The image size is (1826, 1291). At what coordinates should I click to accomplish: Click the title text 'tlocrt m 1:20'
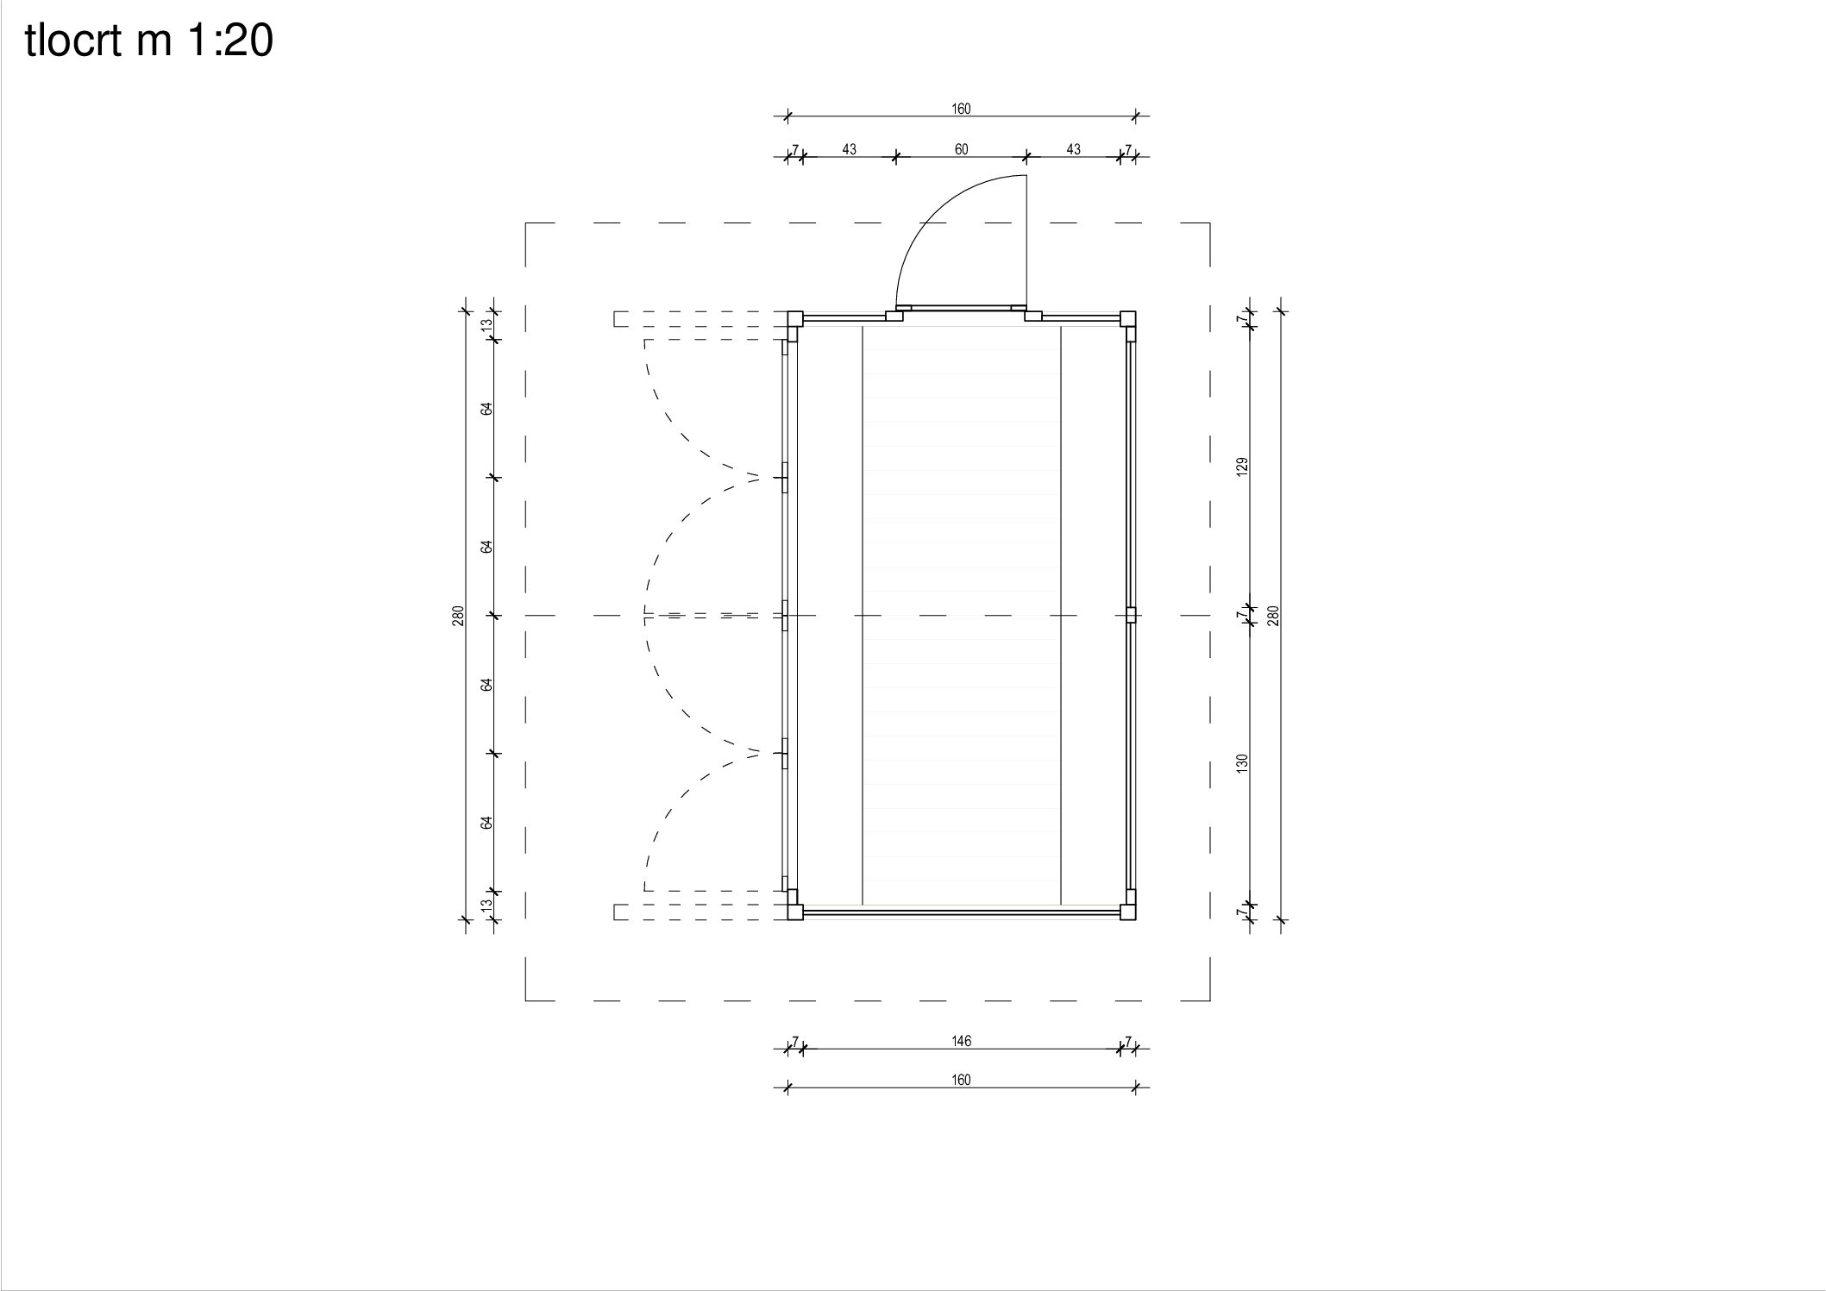[x=149, y=41]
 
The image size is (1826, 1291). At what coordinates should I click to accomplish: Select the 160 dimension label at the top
[x=961, y=109]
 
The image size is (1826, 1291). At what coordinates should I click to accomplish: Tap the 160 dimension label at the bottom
[x=961, y=1080]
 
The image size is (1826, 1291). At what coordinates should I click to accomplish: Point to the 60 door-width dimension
[x=961, y=149]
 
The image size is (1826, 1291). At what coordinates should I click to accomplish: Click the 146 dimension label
[x=961, y=1041]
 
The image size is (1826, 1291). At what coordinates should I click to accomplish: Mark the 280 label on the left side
[x=459, y=615]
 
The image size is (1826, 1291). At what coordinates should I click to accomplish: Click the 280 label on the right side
[x=1274, y=615]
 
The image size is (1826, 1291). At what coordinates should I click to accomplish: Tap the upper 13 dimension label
[x=486, y=325]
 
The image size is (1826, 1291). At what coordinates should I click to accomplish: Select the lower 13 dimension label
[x=486, y=905]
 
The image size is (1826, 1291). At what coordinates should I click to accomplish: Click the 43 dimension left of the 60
[x=849, y=149]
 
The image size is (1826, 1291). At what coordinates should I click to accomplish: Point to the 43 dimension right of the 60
[x=1073, y=149]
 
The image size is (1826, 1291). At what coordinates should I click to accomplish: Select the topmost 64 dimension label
[x=486, y=408]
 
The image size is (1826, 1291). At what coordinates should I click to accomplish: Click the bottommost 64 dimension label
[x=486, y=822]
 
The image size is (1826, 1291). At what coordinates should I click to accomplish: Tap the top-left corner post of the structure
[x=794, y=318]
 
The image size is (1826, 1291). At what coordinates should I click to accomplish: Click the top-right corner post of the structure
[x=1128, y=318]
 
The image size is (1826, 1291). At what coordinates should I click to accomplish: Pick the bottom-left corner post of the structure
[x=794, y=912]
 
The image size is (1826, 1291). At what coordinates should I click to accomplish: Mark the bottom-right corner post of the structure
[x=1128, y=912]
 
